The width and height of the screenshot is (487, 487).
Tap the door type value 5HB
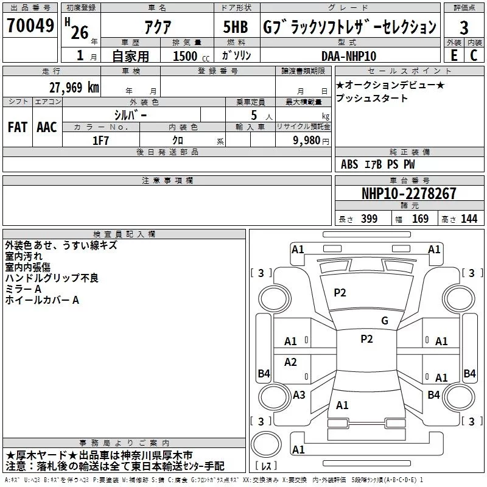[x=236, y=27]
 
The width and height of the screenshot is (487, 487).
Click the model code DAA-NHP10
[x=349, y=55]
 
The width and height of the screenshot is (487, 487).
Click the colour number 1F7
[x=100, y=139]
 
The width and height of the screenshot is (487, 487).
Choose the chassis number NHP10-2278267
[x=408, y=194]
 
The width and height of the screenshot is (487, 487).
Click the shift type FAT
[x=17, y=127]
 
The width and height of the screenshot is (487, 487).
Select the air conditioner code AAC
[x=46, y=127]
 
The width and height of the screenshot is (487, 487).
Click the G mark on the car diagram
[x=384, y=321]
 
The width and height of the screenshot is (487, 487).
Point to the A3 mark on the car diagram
[x=299, y=394]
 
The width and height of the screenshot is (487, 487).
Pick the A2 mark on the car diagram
[x=290, y=362]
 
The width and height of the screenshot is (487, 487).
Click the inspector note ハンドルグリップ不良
[x=52, y=278]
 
